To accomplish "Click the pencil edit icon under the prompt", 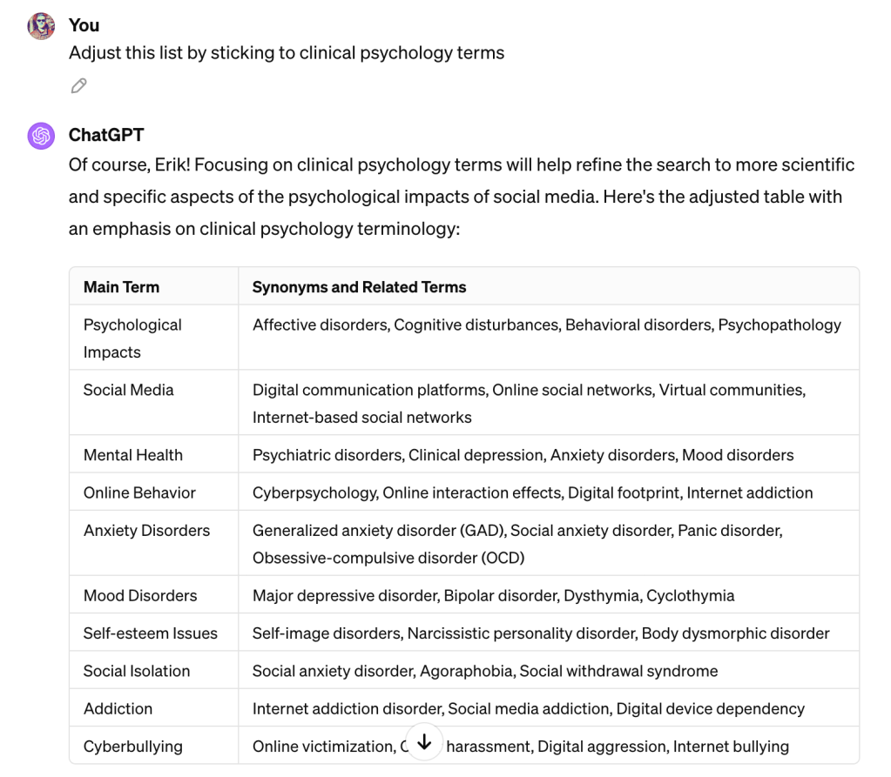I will pyautogui.click(x=79, y=85).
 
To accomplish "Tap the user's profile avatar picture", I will pyautogui.click(x=41, y=26).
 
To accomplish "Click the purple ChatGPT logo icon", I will pyautogui.click(x=41, y=136).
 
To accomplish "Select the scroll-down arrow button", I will pyautogui.click(x=424, y=742).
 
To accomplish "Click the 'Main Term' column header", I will pyautogui.click(x=121, y=286).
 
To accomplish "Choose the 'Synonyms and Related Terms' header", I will pyautogui.click(x=359, y=286).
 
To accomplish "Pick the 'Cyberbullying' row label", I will pyautogui.click(x=133, y=746).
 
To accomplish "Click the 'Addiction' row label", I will pyautogui.click(x=118, y=708).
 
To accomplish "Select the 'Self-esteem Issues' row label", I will pyautogui.click(x=151, y=633).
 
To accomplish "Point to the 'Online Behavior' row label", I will pyautogui.click(x=139, y=492).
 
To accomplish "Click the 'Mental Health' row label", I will pyautogui.click(x=133, y=454).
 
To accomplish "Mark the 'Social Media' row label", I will pyautogui.click(x=128, y=390).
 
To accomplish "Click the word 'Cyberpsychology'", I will pyautogui.click(x=314, y=492).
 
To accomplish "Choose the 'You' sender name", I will pyautogui.click(x=84, y=25).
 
